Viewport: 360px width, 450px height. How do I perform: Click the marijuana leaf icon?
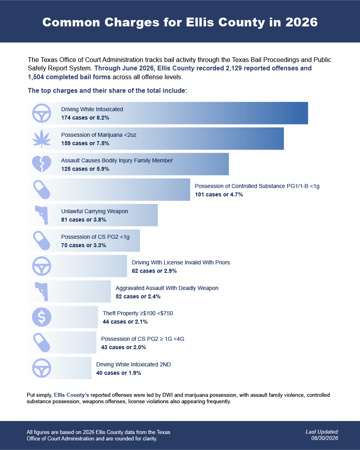pyautogui.click(x=42, y=139)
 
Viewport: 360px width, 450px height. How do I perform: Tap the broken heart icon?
pyautogui.click(x=42, y=164)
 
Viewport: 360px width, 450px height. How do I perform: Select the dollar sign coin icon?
pyautogui.click(x=42, y=317)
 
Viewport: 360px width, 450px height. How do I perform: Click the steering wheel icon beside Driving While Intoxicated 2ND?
pyautogui.click(x=42, y=368)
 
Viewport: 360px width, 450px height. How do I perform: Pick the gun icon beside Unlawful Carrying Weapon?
pyautogui.click(x=42, y=215)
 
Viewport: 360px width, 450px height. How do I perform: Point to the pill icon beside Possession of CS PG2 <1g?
pyautogui.click(x=42, y=240)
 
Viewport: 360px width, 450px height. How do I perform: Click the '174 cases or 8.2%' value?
pyautogui.click(x=85, y=118)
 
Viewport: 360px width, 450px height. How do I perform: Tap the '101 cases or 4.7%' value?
pyautogui.click(x=219, y=194)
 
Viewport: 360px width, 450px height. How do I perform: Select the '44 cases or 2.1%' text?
pyautogui.click(x=125, y=322)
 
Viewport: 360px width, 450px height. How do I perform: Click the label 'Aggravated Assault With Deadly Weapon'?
pyautogui.click(x=167, y=288)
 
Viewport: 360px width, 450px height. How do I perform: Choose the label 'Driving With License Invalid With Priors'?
pyautogui.click(x=181, y=262)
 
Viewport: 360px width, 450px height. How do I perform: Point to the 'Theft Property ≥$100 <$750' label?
pyautogui.click(x=138, y=313)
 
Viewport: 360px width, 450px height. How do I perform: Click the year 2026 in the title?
pyautogui.click(x=302, y=22)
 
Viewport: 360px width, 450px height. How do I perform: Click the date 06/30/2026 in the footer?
pyautogui.click(x=325, y=438)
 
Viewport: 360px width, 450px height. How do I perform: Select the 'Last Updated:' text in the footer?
pyautogui.click(x=322, y=432)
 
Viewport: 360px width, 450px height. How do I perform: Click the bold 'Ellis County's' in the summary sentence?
pyautogui.click(x=72, y=395)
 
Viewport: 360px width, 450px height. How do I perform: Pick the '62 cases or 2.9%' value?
pyautogui.click(x=154, y=271)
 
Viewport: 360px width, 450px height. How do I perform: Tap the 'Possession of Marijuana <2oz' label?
pyautogui.click(x=99, y=135)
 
